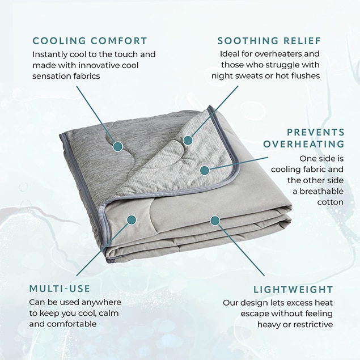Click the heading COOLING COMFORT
pyautogui.click(x=90, y=41)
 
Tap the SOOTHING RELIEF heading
pyautogui.click(x=269, y=41)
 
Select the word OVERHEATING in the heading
pyautogui.click(x=304, y=144)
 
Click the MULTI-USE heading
pyautogui.click(x=60, y=289)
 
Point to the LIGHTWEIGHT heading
pyautogui.click(x=293, y=290)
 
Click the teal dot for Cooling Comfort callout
pyautogui.click(x=118, y=146)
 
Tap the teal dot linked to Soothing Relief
pyautogui.click(x=188, y=140)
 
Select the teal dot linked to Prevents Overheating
pyautogui.click(x=204, y=171)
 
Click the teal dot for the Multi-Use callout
pyautogui.click(x=132, y=220)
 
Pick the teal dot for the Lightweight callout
pyautogui.click(x=215, y=221)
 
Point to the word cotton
pyautogui.click(x=331, y=202)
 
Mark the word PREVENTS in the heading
pyautogui.click(x=316, y=132)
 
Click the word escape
pyautogui.click(x=255, y=314)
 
